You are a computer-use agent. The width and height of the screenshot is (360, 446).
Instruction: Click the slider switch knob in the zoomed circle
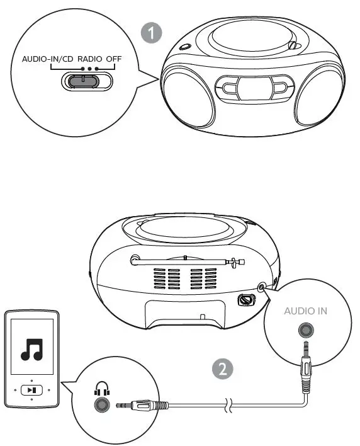(x=79, y=81)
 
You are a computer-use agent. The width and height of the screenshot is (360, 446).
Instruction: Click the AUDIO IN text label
(x=306, y=311)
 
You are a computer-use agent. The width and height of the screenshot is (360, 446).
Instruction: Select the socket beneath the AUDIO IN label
(x=306, y=330)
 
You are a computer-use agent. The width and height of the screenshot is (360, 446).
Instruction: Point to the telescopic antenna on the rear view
(x=186, y=259)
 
